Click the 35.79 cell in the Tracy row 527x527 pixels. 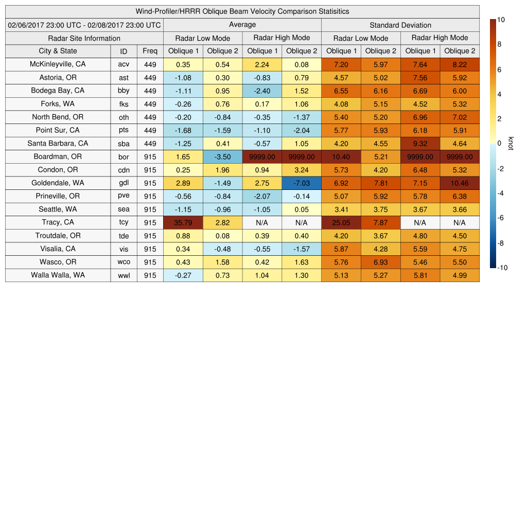pyautogui.click(x=183, y=222)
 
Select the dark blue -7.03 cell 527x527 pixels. pyautogui.click(x=301, y=183)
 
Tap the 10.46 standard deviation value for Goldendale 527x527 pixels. pyautogui.click(x=460, y=183)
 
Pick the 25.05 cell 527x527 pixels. pyautogui.click(x=341, y=222)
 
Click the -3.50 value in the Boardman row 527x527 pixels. pyautogui.click(x=222, y=156)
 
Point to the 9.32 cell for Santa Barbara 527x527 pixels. pyautogui.click(x=420, y=144)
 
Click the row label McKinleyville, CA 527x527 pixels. pyautogui.click(x=58, y=64)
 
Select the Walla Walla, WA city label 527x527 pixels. pyautogui.click(x=58, y=275)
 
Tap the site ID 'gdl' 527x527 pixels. pyautogui.click(x=124, y=183)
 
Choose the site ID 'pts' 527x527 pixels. pyautogui.click(x=124, y=130)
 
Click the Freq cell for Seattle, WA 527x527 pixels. pyautogui.click(x=150, y=209)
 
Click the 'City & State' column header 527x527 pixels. pyautogui.click(x=58, y=51)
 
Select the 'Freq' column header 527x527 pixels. pyautogui.click(x=150, y=51)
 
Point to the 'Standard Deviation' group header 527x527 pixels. pyautogui.click(x=400, y=25)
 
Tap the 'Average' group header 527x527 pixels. pyautogui.click(x=242, y=25)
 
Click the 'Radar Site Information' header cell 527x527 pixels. pyautogui.click(x=84, y=38)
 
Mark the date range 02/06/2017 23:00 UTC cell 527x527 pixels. pyautogui.click(x=84, y=25)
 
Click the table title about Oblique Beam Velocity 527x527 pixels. pyautogui.click(x=242, y=11)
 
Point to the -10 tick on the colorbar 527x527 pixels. pyautogui.click(x=503, y=268)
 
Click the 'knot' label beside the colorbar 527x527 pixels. pyautogui.click(x=511, y=143)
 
